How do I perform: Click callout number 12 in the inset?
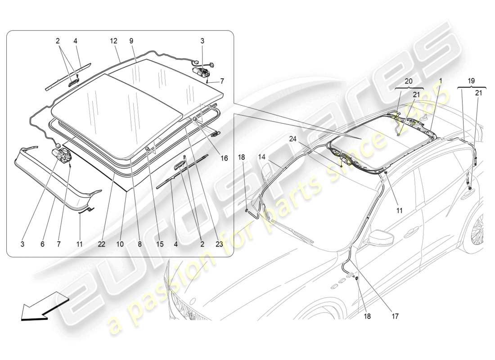pos(113,40)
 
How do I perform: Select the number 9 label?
pos(131,40)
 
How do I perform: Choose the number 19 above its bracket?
pos(472,81)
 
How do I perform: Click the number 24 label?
pos(293,139)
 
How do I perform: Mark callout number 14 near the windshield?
pos(261,157)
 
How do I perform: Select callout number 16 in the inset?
pos(224,158)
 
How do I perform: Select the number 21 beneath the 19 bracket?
pos(478,93)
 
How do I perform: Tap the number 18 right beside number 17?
pos(368,316)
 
